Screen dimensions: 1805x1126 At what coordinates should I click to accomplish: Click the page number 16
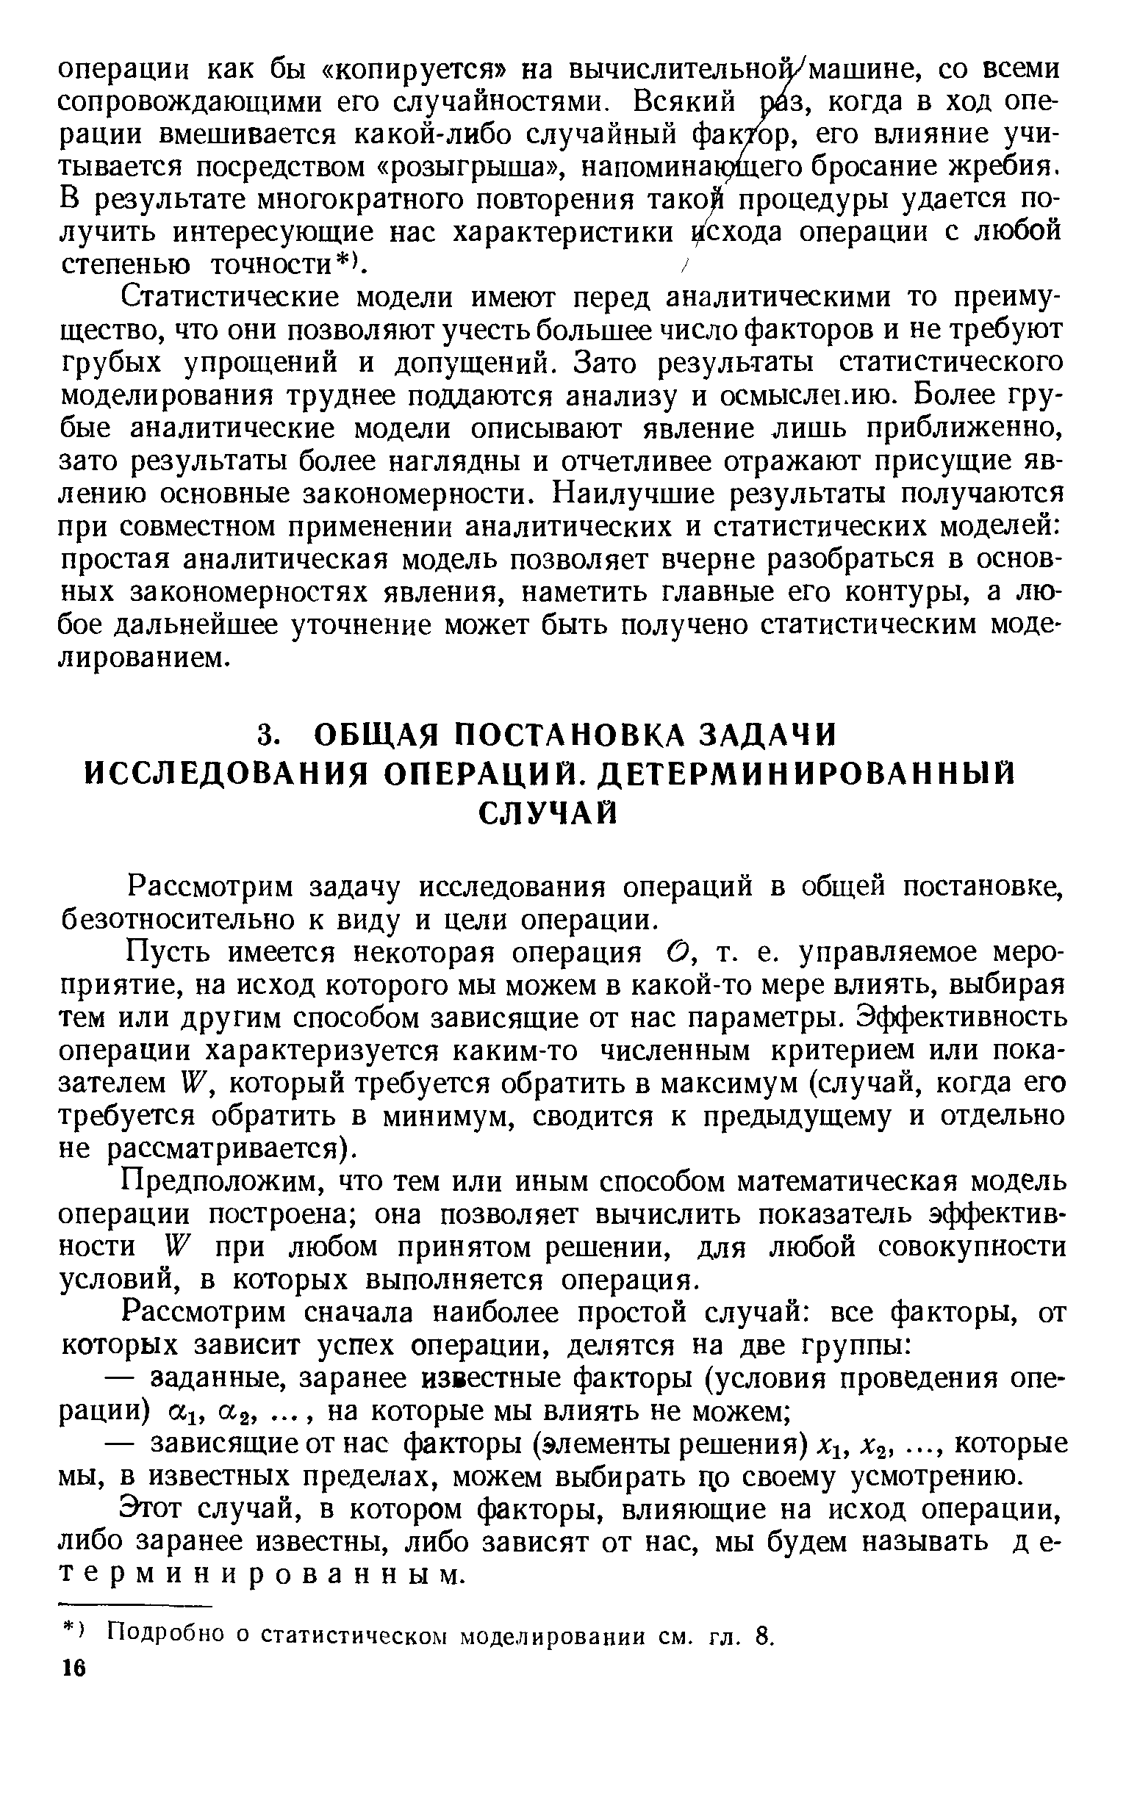74,1668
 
